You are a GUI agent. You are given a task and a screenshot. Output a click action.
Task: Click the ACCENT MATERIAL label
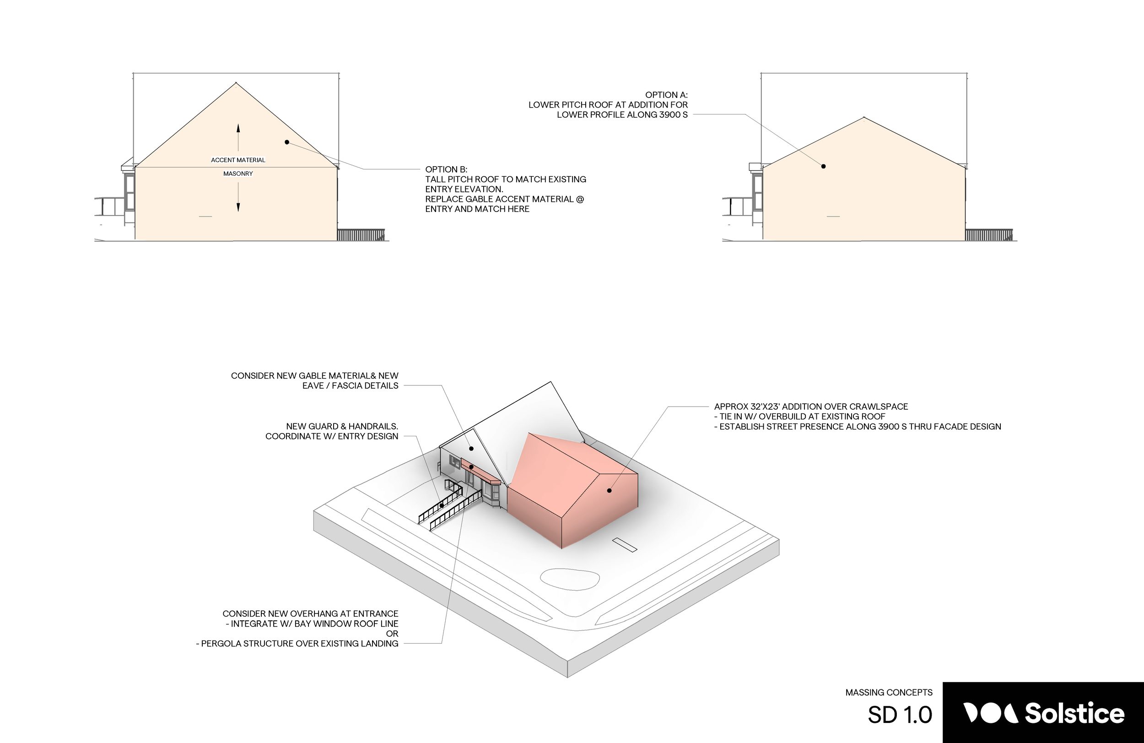click(238, 160)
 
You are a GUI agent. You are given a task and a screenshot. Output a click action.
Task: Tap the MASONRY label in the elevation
click(238, 174)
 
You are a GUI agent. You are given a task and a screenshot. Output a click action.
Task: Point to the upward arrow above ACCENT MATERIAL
click(238, 137)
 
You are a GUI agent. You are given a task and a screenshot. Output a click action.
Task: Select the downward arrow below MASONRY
click(238, 198)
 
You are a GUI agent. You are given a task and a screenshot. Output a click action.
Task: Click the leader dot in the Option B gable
click(287, 142)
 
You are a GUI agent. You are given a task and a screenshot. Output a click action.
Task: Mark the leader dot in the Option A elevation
click(823, 166)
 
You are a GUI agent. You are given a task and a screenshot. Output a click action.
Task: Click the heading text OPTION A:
click(666, 95)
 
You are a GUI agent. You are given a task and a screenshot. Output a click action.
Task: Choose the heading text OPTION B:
click(446, 170)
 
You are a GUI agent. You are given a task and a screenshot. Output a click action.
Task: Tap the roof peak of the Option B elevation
click(236, 83)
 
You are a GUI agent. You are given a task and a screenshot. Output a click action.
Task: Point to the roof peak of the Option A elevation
click(864, 117)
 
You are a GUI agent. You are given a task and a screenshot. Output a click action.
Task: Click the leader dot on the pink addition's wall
click(609, 490)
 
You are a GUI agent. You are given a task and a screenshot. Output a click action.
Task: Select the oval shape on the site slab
click(570, 579)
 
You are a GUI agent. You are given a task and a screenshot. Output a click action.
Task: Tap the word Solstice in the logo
click(1074, 713)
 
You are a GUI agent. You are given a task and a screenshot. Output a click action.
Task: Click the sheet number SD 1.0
click(900, 715)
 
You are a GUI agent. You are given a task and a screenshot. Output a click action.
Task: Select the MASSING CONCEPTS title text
click(889, 693)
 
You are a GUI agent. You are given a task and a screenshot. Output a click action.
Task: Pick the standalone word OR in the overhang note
click(392, 634)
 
